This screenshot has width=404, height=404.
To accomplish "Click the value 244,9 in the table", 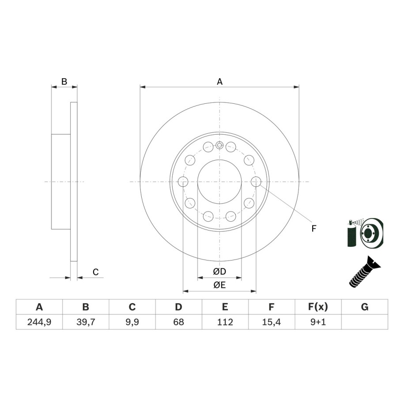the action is click(39, 322).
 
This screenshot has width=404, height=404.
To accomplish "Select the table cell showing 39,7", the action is click(86, 322).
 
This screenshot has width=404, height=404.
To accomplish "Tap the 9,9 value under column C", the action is click(132, 322).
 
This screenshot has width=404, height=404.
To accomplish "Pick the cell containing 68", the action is click(178, 322).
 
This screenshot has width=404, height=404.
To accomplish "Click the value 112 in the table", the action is click(225, 322).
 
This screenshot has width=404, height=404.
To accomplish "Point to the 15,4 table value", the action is click(271, 322).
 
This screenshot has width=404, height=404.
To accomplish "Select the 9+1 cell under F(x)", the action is click(318, 322).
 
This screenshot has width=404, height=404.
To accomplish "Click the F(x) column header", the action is click(318, 307).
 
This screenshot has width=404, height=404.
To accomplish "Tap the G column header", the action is click(365, 307).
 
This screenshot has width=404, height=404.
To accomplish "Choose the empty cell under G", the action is click(365, 322).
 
